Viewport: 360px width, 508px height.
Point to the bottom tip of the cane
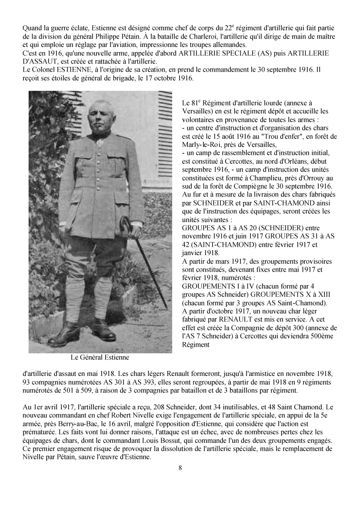point(167,308)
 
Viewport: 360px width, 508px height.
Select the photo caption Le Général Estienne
point(100,358)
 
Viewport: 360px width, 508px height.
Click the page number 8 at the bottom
point(180,468)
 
